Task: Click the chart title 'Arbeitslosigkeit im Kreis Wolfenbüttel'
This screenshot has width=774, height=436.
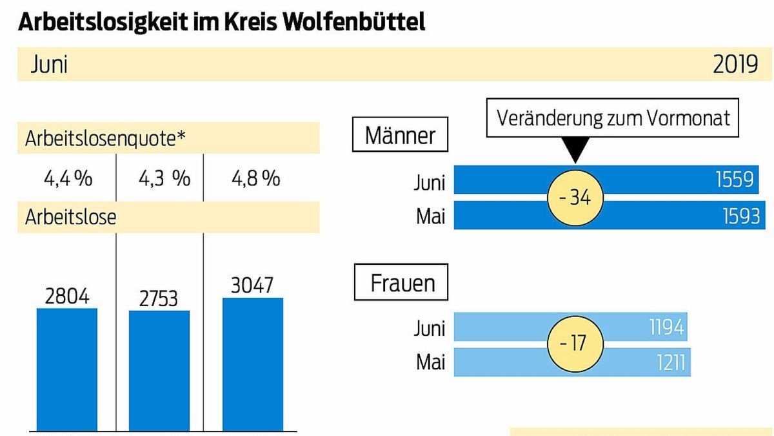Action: (222, 22)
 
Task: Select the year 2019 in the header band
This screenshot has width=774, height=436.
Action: (735, 65)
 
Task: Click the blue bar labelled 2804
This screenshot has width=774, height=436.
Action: (67, 369)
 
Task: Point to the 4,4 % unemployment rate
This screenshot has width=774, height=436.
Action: (67, 178)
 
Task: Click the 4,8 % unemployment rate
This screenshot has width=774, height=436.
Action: (255, 178)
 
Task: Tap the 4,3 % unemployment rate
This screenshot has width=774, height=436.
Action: (164, 178)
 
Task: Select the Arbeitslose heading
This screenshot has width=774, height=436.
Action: (70, 217)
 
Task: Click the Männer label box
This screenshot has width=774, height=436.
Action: (400, 136)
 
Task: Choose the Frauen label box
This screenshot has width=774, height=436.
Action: (402, 283)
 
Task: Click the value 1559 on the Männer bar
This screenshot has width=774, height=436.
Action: (735, 180)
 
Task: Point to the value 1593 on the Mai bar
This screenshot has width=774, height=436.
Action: (742, 216)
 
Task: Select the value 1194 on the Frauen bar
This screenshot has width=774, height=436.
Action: (666, 327)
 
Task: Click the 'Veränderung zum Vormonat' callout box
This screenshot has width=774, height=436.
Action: (613, 118)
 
